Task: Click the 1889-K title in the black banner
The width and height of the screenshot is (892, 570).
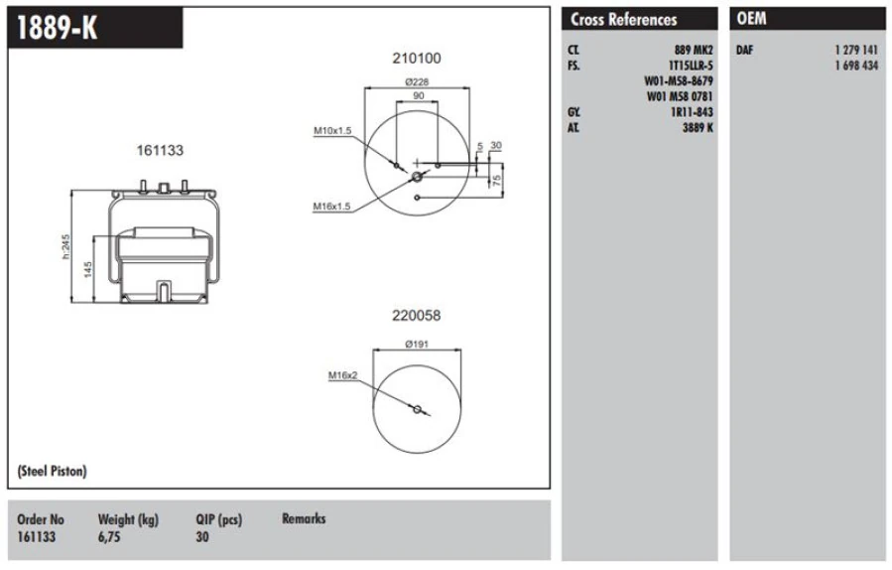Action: [57, 27]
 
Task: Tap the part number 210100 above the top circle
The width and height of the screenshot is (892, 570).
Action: [417, 58]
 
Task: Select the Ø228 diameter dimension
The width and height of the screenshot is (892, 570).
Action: [417, 82]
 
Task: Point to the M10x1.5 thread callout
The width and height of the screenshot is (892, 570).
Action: [332, 131]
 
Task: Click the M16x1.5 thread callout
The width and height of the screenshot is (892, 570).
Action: [331, 207]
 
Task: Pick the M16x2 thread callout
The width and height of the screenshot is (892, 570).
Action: [343, 375]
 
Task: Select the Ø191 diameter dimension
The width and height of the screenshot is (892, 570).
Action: [417, 344]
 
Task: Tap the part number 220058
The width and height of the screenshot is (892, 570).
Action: [417, 316]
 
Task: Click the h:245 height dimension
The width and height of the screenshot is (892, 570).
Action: [66, 246]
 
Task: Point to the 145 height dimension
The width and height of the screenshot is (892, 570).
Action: [88, 269]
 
